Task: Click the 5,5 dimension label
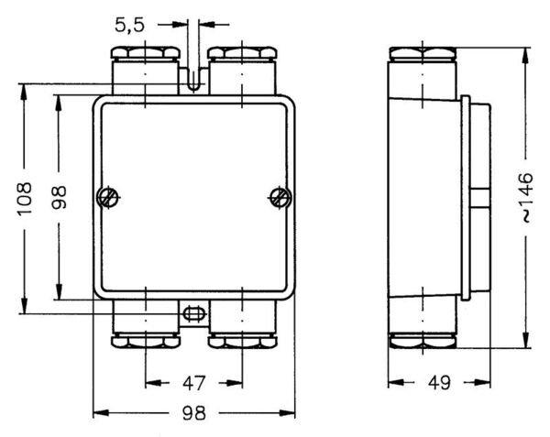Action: click(129, 26)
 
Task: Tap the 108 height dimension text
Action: click(25, 198)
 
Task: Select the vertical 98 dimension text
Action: click(59, 198)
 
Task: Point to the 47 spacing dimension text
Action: click(193, 383)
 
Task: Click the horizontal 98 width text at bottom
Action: click(194, 413)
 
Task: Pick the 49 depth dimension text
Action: click(439, 383)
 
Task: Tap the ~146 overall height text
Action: click(527, 197)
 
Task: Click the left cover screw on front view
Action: click(107, 198)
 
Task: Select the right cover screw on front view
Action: click(280, 198)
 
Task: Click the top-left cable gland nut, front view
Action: click(146, 53)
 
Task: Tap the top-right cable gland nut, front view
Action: click(242, 53)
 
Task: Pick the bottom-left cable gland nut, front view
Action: click(146, 342)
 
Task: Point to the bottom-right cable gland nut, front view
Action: click(242, 342)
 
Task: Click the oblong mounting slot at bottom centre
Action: click(193, 313)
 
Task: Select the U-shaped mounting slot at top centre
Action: click(193, 80)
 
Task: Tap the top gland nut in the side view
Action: click(423, 54)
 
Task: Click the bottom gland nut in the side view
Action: click(423, 342)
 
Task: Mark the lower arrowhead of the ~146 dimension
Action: click(525, 340)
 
